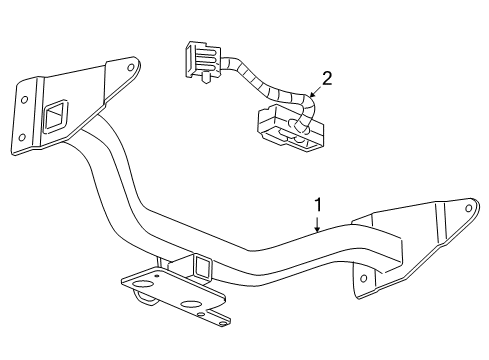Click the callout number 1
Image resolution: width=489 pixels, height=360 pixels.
tap(318, 206)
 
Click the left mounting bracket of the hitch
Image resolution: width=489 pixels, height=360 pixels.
tap(70, 105)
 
